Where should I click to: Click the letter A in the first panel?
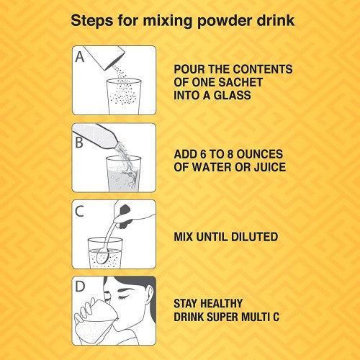(x=80, y=57)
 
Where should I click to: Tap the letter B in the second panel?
(x=79, y=143)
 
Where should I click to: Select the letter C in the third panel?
(x=79, y=211)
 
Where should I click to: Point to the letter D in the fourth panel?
(x=80, y=286)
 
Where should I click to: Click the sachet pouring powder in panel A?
(x=105, y=57)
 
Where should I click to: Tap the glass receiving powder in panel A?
(x=124, y=96)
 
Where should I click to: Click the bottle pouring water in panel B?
(x=96, y=136)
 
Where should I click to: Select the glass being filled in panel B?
(x=123, y=174)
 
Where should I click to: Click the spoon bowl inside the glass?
(x=103, y=256)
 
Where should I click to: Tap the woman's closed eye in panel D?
(x=123, y=297)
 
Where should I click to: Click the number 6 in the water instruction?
(x=203, y=154)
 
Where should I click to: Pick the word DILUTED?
(x=254, y=237)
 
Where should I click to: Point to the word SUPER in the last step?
(x=223, y=317)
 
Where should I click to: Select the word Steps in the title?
(x=92, y=21)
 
